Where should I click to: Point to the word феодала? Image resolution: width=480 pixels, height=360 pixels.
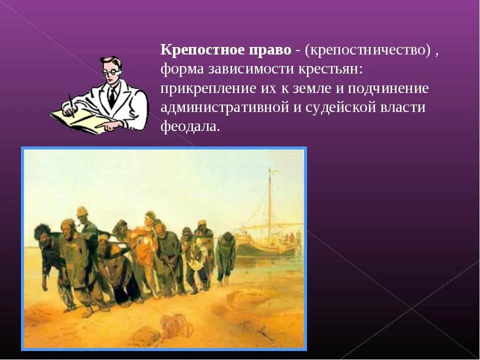[x=190, y=126]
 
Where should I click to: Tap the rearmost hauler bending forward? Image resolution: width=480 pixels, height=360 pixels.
[x=226, y=255]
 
